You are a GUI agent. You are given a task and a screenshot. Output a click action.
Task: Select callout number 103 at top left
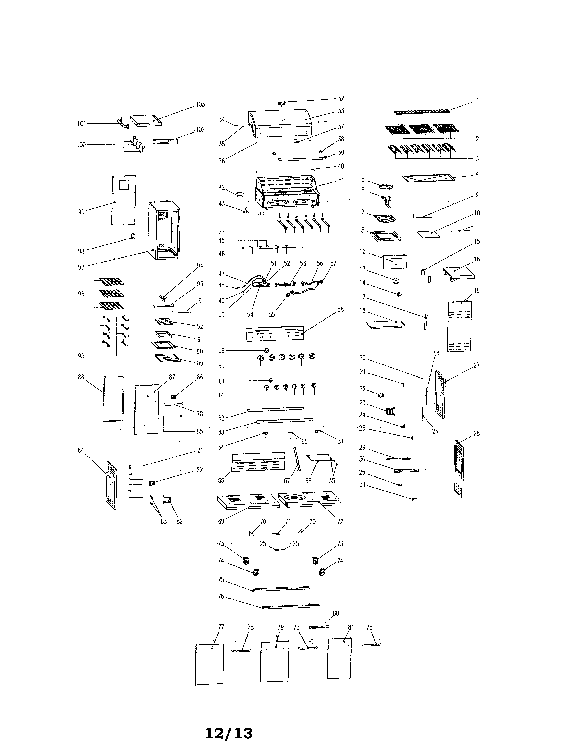tap(200, 104)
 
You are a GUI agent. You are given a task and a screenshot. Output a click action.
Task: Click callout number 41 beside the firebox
tap(341, 180)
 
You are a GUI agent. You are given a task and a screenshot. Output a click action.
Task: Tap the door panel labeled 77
tap(209, 664)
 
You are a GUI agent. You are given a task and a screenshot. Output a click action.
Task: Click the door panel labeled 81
tap(339, 658)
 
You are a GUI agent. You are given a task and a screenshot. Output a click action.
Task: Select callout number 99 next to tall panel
tap(81, 212)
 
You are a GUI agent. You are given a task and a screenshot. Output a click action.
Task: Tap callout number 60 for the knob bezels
tap(221, 366)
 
